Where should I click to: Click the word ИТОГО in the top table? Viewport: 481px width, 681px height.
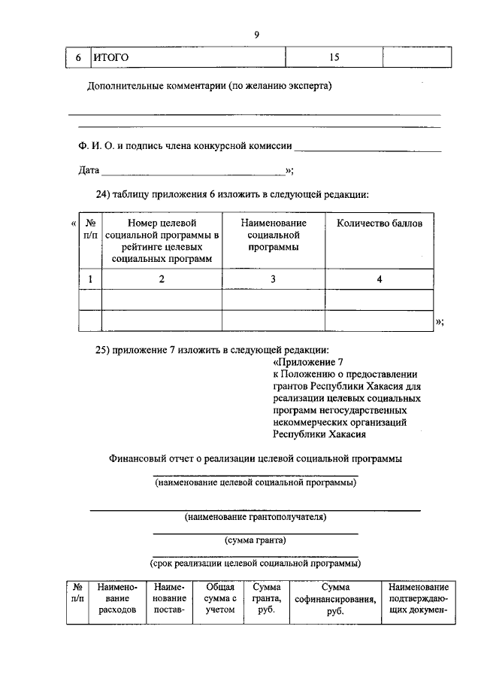[x=110, y=57]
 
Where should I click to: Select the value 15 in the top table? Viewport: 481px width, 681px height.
[x=334, y=57]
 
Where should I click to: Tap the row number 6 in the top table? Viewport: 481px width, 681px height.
[x=78, y=57]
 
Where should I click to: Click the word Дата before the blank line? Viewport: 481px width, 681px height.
[x=89, y=171]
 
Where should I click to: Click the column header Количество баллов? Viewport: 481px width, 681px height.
[x=380, y=223]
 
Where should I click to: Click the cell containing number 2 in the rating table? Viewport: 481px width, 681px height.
[x=161, y=279]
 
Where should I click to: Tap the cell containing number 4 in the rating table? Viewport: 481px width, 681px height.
[x=380, y=279]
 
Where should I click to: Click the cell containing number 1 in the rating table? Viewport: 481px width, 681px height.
[x=90, y=279]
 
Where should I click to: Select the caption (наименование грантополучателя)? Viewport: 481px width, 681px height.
[x=256, y=518]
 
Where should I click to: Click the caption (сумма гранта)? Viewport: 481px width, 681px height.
[x=256, y=540]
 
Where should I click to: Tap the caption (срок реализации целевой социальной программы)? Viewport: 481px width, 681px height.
[x=256, y=562]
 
